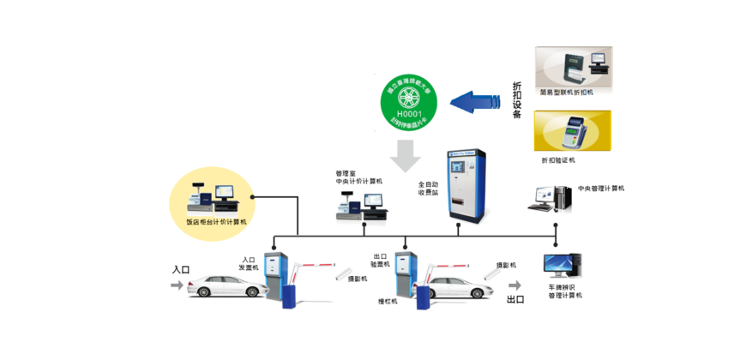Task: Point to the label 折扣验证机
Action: (558, 160)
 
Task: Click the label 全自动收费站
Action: (428, 189)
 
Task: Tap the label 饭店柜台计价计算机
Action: (216, 222)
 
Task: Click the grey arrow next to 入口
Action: (177, 285)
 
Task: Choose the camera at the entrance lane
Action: (345, 275)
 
